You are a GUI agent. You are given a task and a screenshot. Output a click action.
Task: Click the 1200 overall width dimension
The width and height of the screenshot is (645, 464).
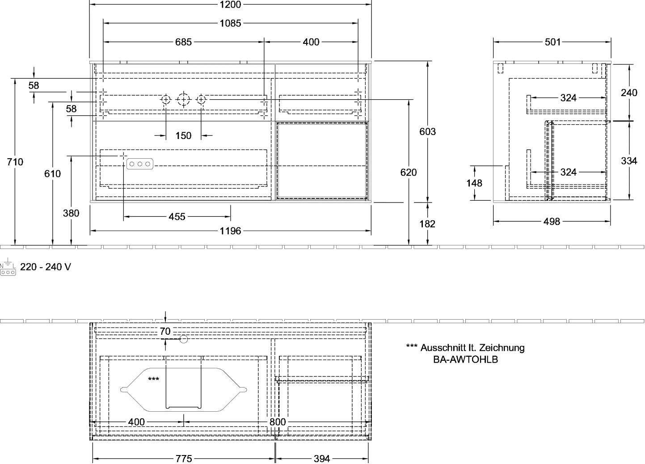pyautogui.click(x=230, y=4)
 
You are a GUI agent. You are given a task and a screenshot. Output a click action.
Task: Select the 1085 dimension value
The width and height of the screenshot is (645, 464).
pyautogui.click(x=230, y=23)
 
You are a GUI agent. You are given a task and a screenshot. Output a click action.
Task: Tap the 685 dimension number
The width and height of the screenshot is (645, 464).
pyautogui.click(x=183, y=42)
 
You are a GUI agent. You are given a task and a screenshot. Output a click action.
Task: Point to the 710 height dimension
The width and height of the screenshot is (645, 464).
pyautogui.click(x=15, y=162)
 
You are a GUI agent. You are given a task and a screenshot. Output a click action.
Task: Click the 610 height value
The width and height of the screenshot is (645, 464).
pyautogui.click(x=52, y=174)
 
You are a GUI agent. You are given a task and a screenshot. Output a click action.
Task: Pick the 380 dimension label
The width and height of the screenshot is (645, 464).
pyautogui.click(x=71, y=213)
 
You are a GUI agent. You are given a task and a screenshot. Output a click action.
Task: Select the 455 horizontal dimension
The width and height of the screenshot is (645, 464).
pyautogui.click(x=177, y=217)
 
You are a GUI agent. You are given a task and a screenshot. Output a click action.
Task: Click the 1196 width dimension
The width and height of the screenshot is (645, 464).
pyautogui.click(x=230, y=231)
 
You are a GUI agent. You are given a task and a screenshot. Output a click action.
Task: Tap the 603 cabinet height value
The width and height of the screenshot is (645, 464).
pyautogui.click(x=428, y=131)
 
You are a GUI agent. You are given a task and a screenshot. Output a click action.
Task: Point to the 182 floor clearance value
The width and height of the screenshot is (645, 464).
pyautogui.click(x=427, y=224)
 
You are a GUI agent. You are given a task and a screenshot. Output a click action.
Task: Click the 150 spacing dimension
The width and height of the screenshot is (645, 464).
pyautogui.click(x=183, y=135)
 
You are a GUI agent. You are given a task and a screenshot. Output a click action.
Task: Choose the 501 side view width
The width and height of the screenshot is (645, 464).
pyautogui.click(x=553, y=42)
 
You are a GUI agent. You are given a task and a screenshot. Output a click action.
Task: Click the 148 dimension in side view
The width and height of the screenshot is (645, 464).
pyautogui.click(x=474, y=183)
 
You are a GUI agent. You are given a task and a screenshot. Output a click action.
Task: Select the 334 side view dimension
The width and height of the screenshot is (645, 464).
pyautogui.click(x=629, y=161)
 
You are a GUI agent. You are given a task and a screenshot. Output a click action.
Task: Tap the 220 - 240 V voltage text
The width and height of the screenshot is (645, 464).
pyautogui.click(x=46, y=267)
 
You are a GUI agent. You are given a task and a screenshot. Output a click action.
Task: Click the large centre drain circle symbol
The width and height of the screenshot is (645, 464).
pyautogui.click(x=184, y=100)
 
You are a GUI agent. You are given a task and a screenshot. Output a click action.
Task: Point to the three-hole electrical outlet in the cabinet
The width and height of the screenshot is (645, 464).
pyautogui.click(x=139, y=164)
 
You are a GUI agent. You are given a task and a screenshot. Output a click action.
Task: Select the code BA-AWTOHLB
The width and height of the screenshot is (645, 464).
pyautogui.click(x=466, y=359)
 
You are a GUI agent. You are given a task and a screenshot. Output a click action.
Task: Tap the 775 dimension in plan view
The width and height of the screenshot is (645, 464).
pyautogui.click(x=184, y=458)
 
